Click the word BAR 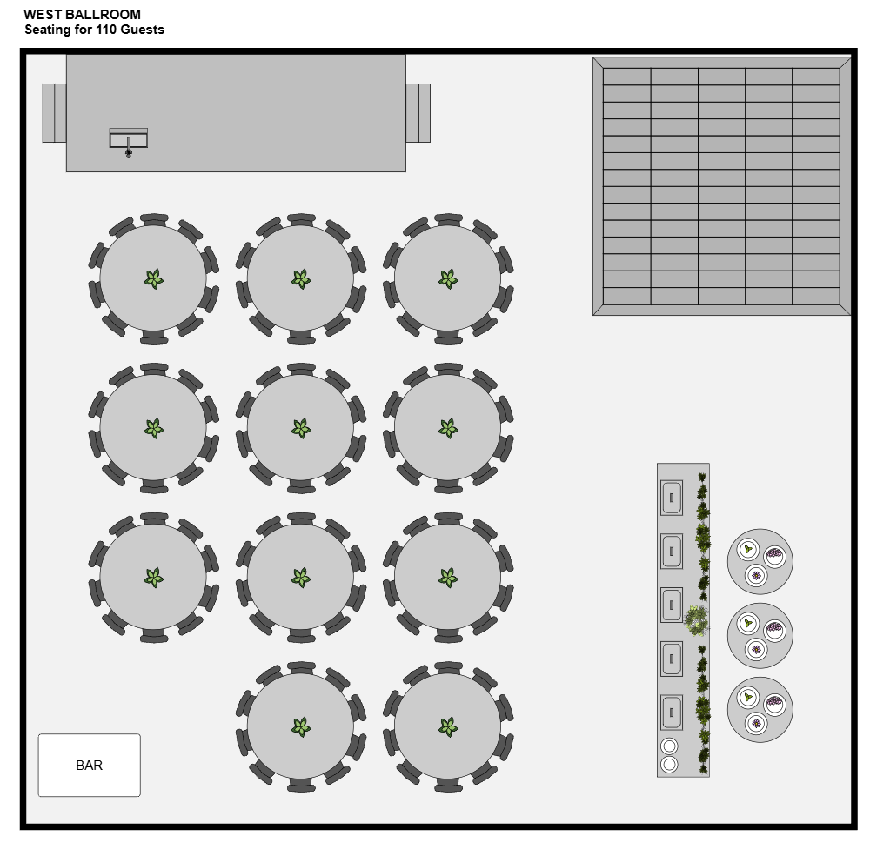(89, 766)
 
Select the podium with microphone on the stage (128, 140)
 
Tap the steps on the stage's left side (54, 112)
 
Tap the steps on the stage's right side (418, 112)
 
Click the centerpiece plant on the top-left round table (153, 279)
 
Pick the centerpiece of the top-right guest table (448, 279)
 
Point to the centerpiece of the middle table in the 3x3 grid (300, 428)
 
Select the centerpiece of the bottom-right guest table (448, 726)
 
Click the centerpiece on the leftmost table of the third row (153, 578)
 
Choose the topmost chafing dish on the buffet (671, 498)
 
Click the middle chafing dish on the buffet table (671, 605)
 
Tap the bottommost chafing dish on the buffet (671, 712)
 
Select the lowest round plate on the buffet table (669, 765)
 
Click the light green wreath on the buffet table (696, 620)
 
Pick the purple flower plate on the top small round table (756, 575)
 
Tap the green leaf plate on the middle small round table (747, 623)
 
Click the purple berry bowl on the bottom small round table (774, 701)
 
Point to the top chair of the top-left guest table (154, 218)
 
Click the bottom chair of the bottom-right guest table (448, 786)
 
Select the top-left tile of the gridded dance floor (626, 77)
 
